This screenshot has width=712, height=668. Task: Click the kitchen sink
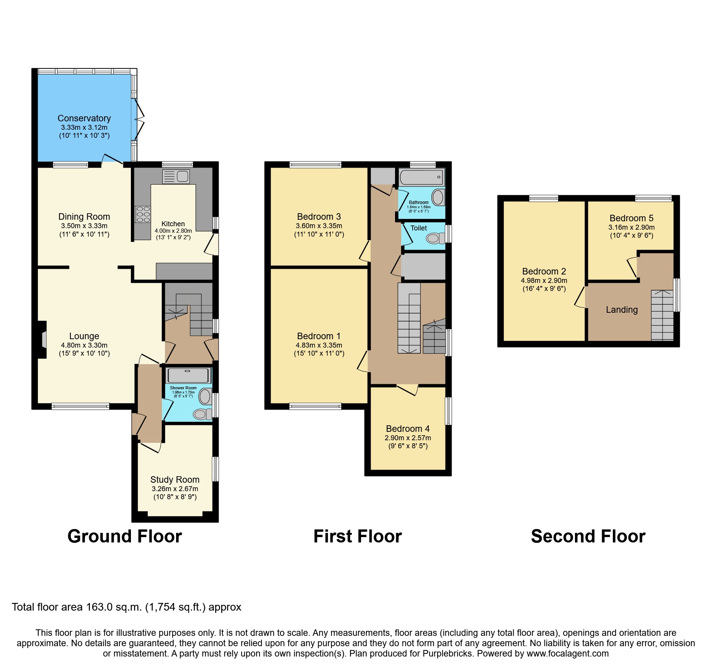[176, 176]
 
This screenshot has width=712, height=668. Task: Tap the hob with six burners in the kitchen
[143, 214]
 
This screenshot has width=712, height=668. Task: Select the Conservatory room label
[84, 118]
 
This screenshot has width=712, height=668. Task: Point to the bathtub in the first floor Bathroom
[421, 178]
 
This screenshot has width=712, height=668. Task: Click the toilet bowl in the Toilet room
[434, 238]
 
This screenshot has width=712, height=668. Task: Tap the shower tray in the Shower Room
[187, 376]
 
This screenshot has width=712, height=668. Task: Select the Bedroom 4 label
[408, 429]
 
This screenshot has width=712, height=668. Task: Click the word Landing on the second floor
[622, 310]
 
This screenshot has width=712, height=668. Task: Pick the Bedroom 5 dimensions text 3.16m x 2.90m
[631, 227]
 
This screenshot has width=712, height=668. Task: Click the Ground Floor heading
[125, 536]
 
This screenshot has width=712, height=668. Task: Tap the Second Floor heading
[588, 536]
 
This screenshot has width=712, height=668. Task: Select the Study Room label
[175, 480]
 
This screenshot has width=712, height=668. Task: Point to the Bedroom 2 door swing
[580, 297]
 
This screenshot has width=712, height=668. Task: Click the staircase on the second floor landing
[662, 316]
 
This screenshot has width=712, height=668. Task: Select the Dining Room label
[84, 217]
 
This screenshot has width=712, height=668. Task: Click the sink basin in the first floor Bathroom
[438, 198]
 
